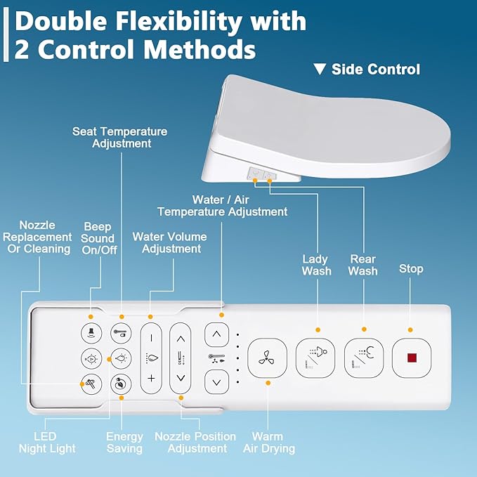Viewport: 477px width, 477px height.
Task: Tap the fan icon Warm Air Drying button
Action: pos(268,358)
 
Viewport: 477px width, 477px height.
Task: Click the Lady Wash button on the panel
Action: pos(315,358)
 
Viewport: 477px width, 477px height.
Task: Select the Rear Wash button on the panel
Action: pos(363,358)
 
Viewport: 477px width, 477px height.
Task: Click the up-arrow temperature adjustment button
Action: pos(216,334)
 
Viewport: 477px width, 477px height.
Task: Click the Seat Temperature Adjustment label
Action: pos(120,137)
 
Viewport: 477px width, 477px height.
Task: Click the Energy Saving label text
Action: pos(124,443)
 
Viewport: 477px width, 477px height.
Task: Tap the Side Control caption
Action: pos(376,70)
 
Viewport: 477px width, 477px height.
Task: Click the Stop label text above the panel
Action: pos(411,269)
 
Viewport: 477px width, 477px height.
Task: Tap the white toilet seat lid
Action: pos(337,119)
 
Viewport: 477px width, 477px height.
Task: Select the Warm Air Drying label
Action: pos(268,443)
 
